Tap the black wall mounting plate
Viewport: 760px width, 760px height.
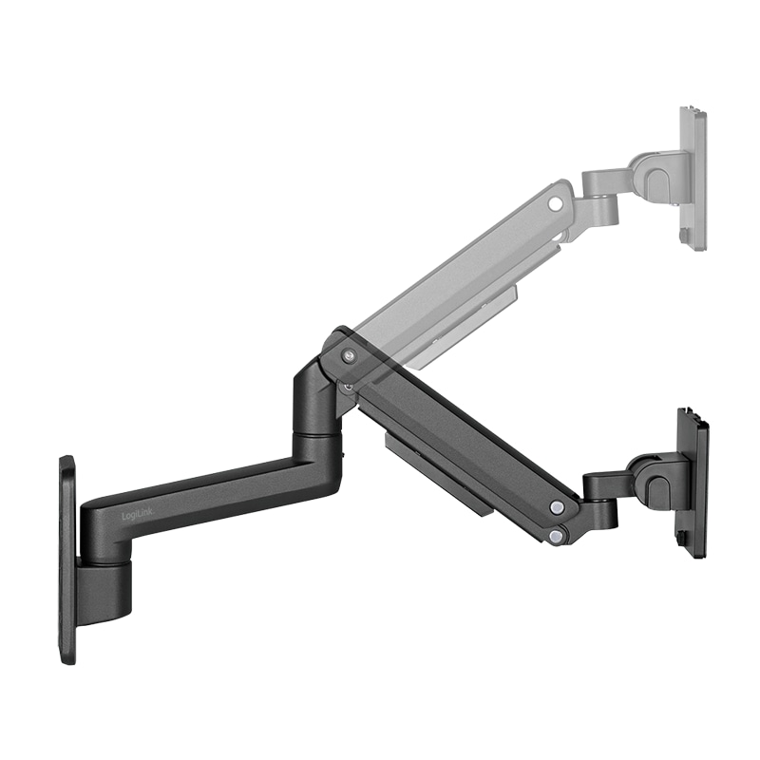66,560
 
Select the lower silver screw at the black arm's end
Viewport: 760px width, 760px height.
555,537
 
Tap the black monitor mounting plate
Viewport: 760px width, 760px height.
693,484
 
